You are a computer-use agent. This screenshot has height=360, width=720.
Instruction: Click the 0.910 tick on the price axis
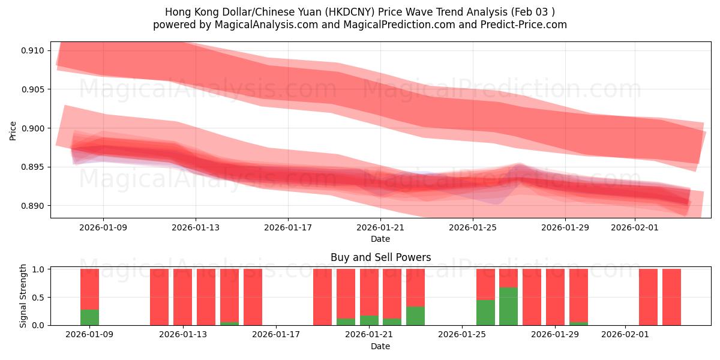point(32,50)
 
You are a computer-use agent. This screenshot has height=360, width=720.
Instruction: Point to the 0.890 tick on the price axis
point(32,206)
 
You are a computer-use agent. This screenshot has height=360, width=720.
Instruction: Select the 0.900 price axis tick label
point(32,128)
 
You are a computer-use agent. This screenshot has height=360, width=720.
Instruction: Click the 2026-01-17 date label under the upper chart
point(288,228)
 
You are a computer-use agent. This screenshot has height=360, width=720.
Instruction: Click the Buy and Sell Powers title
point(380,257)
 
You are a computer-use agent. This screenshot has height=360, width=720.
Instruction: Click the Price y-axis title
point(13,130)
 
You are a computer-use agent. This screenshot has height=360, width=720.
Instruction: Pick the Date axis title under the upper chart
point(380,239)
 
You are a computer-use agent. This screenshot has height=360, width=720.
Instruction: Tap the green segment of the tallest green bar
point(508,307)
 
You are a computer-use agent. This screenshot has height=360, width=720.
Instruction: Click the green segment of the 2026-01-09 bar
point(89,317)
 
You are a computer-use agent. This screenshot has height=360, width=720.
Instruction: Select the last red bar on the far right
point(671,297)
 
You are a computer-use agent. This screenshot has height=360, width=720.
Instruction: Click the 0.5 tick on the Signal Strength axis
point(38,298)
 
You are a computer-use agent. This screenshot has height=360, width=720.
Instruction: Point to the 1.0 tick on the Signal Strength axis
point(38,269)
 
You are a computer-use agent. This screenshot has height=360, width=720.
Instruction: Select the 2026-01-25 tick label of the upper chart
point(473,228)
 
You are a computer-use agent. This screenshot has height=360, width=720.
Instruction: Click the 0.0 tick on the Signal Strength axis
point(38,325)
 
